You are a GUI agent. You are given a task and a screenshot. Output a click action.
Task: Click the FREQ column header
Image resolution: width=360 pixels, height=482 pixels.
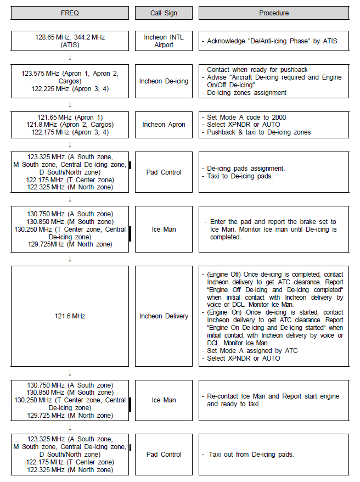click(x=70, y=13)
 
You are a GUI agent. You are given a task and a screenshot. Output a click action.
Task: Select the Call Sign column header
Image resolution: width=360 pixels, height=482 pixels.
click(x=164, y=13)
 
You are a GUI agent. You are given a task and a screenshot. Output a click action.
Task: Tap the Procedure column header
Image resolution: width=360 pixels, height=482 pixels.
click(x=274, y=13)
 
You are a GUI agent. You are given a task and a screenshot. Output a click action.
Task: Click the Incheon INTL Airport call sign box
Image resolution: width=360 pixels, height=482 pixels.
click(x=164, y=41)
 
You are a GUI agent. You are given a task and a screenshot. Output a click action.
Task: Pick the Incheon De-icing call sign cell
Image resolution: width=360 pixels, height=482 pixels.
click(x=164, y=81)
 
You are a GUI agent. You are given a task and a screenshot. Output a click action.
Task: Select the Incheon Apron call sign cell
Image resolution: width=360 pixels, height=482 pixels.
click(x=164, y=125)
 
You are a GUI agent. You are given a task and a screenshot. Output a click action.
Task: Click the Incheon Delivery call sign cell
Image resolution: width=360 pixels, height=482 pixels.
click(x=164, y=316)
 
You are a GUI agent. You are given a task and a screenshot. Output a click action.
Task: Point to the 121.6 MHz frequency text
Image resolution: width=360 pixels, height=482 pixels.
click(x=70, y=316)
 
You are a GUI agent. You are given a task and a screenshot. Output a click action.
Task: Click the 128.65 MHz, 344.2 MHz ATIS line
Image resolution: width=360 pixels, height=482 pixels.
click(x=70, y=37)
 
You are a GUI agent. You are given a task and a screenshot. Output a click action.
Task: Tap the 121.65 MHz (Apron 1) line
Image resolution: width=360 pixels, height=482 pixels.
click(x=70, y=117)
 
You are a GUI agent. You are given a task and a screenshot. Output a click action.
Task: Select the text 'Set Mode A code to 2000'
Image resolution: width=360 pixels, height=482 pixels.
click(x=246, y=117)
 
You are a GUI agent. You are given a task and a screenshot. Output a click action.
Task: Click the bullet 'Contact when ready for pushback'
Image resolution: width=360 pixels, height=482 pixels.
click(x=257, y=70)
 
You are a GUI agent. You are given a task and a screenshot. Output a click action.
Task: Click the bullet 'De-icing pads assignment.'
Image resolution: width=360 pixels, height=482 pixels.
click(x=246, y=168)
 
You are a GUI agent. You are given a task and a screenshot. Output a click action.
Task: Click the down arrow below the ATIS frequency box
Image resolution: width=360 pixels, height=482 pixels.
click(x=70, y=57)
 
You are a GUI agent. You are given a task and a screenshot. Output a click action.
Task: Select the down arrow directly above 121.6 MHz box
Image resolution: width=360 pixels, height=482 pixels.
click(x=70, y=258)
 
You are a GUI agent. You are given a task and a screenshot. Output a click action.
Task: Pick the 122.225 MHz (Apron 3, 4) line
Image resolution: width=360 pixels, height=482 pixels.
click(x=70, y=88)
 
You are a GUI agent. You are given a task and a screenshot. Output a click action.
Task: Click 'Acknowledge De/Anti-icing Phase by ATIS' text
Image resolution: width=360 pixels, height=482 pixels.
click(x=272, y=41)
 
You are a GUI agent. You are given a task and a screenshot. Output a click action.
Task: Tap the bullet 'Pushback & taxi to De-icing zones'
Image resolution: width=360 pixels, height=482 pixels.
click(x=258, y=132)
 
